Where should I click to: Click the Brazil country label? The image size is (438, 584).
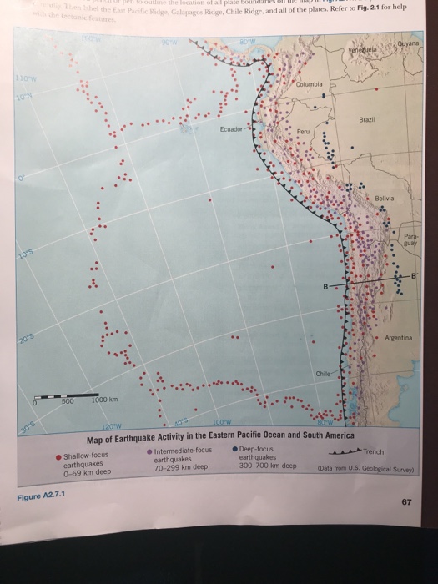tap(368, 121)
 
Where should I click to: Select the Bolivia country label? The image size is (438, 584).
tap(385, 198)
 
